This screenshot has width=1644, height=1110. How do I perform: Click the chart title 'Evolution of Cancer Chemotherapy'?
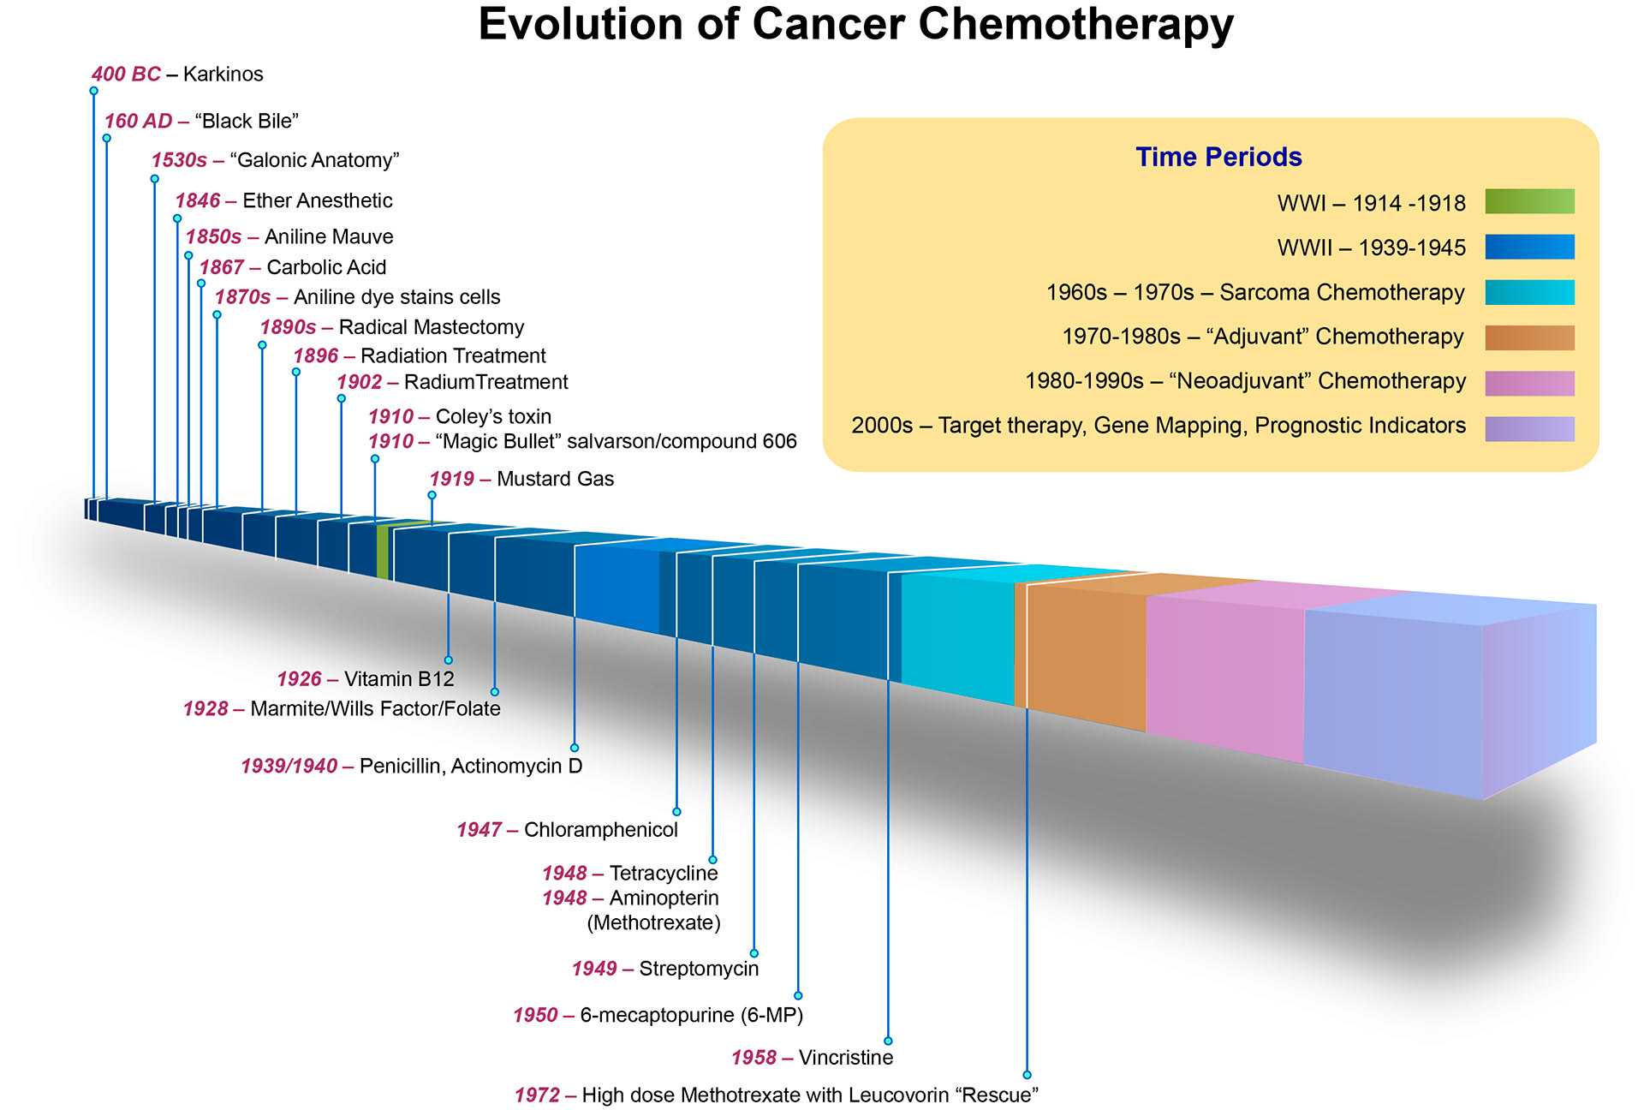point(855,24)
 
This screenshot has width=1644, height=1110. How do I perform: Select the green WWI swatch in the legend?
point(1529,201)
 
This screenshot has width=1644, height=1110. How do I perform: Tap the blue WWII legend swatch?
point(1529,247)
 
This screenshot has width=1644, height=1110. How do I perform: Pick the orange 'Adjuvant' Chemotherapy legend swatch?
point(1529,337)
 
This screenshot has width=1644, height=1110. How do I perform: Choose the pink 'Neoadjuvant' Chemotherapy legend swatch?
point(1529,383)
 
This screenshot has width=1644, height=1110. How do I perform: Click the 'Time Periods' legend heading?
point(1218,157)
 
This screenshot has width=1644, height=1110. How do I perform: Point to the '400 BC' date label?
point(126,75)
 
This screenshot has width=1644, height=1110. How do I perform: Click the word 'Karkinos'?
point(223,75)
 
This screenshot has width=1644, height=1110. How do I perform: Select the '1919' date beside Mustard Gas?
point(451,479)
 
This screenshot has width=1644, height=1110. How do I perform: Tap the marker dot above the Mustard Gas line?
point(432,495)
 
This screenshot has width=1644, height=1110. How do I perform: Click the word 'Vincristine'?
point(845,1058)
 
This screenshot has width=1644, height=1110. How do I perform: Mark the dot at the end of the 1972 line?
point(1027,1075)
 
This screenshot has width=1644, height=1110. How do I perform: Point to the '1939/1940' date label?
point(289,766)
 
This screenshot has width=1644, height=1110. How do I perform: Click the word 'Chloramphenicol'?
point(600,830)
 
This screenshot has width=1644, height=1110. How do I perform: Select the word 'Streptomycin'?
point(699,969)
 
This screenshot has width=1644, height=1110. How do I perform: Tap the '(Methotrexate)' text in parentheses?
point(653,923)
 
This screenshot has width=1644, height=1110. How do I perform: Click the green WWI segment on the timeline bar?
point(383,551)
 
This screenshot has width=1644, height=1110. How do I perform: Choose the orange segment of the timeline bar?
point(1083,651)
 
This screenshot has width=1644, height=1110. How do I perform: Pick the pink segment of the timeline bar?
point(1224,677)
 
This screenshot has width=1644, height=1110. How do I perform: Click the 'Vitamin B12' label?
point(399,679)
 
